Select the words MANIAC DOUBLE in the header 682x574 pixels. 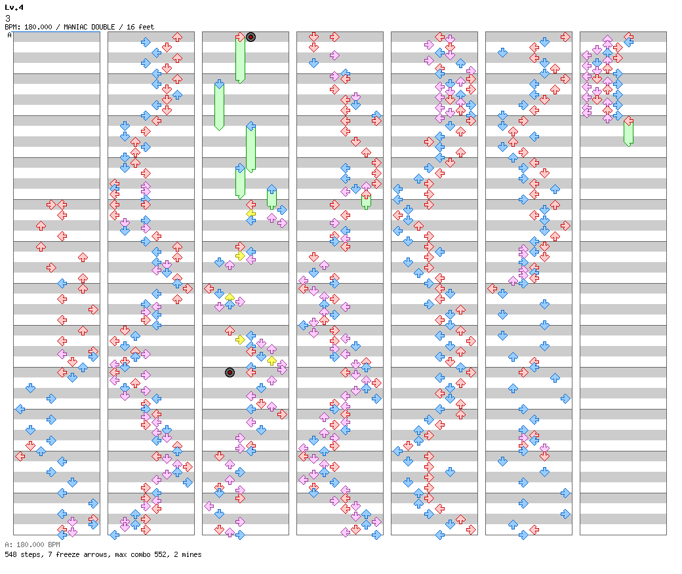coord(87,27)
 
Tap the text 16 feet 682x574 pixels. coord(141,27)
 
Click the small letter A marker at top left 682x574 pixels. coord(9,35)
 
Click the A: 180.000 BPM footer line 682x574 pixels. coord(32,545)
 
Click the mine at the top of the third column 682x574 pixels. coord(251,37)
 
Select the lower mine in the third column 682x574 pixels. coord(230,373)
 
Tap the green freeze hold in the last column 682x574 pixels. coord(628,132)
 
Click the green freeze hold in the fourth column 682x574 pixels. coord(366,201)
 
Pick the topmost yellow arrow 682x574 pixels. coord(251,214)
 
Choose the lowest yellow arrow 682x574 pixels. coord(271,360)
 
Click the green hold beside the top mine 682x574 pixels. coord(240,59)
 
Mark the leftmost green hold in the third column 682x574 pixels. coord(219,105)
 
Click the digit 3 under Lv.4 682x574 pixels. coord(8,18)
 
